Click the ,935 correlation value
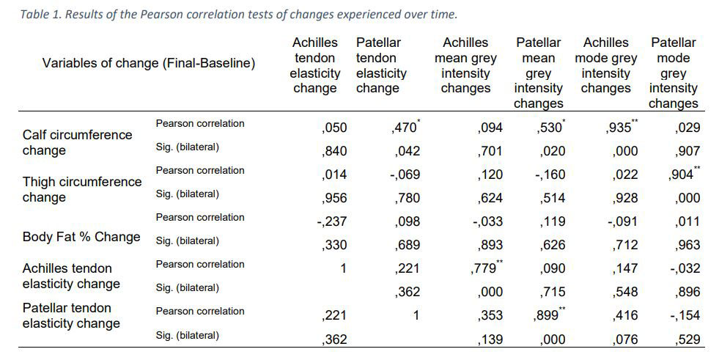click(x=622, y=128)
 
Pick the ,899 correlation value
click(x=551, y=315)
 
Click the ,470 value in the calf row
click(x=405, y=128)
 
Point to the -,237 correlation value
click(x=332, y=221)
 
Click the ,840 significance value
click(x=334, y=151)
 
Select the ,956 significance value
click(x=334, y=198)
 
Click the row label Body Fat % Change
click(x=81, y=237)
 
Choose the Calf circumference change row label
click(x=77, y=143)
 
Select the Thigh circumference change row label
click(x=81, y=189)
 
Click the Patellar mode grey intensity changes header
click(x=673, y=73)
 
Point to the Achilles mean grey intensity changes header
click(x=465, y=66)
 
